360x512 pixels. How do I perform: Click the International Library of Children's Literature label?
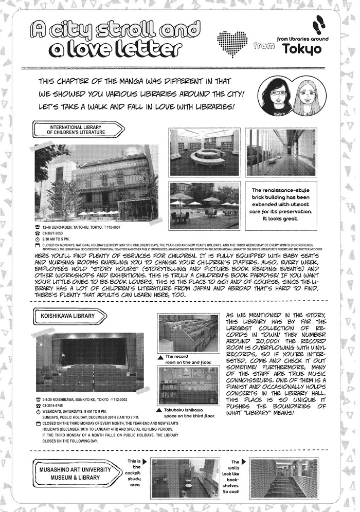[x=77, y=129]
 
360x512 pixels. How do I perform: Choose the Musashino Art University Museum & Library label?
[x=75, y=473]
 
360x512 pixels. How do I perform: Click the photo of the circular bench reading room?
[x=204, y=152]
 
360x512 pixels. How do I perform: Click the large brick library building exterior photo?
[x=97, y=181]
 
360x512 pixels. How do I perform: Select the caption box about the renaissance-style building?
[x=280, y=204]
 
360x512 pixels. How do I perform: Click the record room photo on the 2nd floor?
[x=188, y=333]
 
